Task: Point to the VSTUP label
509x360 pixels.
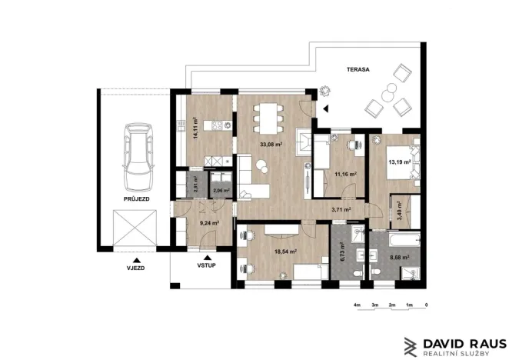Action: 206,265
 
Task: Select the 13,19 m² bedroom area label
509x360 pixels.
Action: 399,162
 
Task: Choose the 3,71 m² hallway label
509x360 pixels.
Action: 341,208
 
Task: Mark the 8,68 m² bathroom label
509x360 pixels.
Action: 399,258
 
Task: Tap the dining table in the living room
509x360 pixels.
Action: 264,117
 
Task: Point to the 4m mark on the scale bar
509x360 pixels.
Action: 357,305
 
